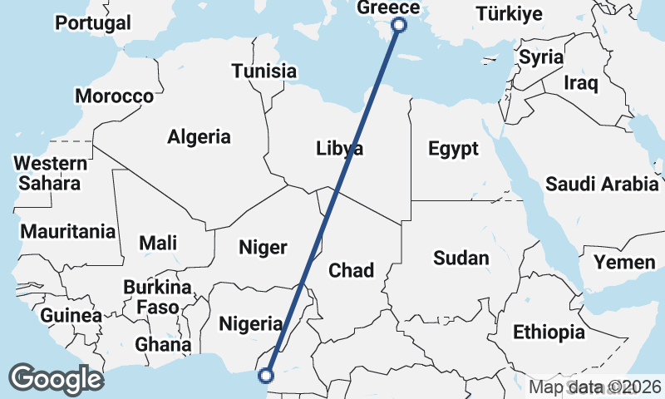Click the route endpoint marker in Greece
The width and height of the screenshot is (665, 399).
tap(398, 25)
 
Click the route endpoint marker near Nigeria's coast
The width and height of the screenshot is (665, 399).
tap(266, 376)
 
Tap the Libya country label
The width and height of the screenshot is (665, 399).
tap(340, 150)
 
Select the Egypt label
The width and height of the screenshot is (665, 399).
tap(453, 150)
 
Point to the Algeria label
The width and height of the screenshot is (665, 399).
tap(199, 137)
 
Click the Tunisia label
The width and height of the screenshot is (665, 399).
tap(264, 71)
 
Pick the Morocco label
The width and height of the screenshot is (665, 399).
tap(115, 96)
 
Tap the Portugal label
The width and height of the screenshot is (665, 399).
tap(93, 22)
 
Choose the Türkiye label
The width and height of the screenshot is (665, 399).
tap(510, 14)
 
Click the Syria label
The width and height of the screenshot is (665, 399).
tap(541, 58)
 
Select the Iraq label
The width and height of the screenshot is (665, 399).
tap(580, 83)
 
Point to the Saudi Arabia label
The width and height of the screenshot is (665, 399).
tap(603, 185)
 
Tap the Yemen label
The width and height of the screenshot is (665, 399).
tap(624, 263)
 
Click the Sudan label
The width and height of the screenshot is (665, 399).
tap(461, 259)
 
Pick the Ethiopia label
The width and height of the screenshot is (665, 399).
tap(549, 332)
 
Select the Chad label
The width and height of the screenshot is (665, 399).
tap(352, 270)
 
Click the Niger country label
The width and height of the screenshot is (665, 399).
tap(263, 247)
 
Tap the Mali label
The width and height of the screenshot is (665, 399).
tap(158, 243)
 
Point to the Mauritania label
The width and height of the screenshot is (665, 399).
tap(68, 232)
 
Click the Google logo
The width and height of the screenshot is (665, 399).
tap(57, 378)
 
